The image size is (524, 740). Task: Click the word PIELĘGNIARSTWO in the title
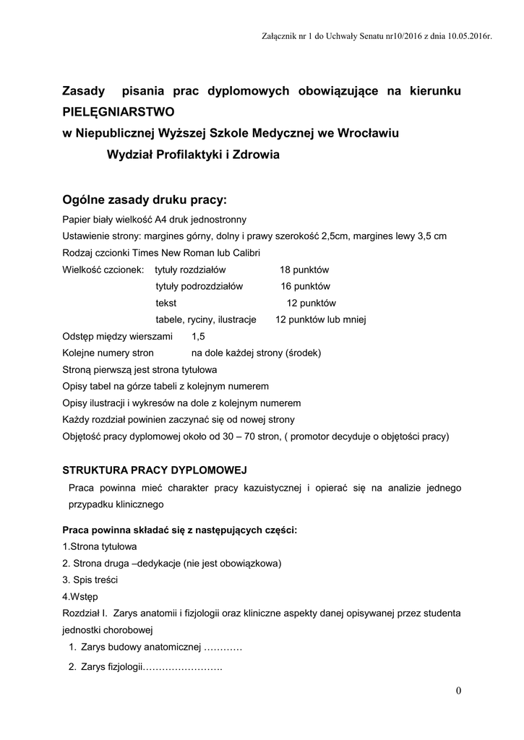[119, 113]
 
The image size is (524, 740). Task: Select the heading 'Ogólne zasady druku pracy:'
[145, 199]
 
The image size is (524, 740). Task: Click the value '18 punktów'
[304, 270]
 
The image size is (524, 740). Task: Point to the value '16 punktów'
[306, 286]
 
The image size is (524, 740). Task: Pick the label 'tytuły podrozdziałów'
[199, 286]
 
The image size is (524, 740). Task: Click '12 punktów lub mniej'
[322, 319]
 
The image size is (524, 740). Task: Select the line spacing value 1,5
[198, 337]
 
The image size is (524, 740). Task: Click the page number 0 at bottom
[458, 691]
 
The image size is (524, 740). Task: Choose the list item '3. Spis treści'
[90, 580]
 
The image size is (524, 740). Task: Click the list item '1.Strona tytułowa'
[100, 546]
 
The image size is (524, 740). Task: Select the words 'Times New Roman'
[167, 253]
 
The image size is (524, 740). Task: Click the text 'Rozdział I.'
[85, 614]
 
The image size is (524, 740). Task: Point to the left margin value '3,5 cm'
[431, 236]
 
